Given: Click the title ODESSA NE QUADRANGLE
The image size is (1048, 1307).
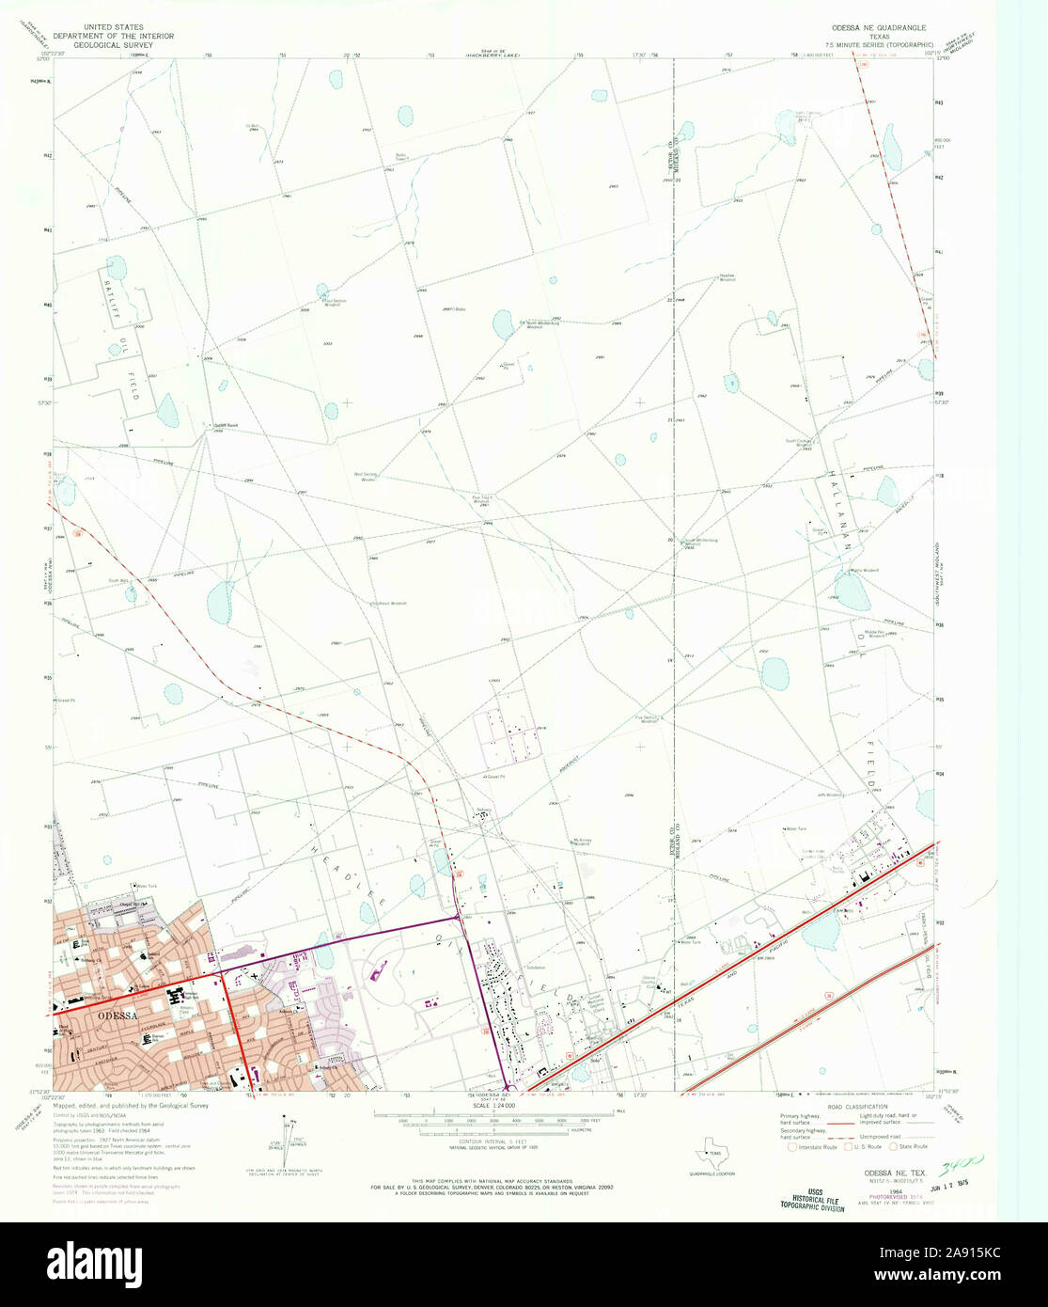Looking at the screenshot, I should pyautogui.click(x=876, y=28).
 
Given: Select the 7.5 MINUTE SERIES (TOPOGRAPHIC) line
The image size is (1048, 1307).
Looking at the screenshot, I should pyautogui.click(x=879, y=44).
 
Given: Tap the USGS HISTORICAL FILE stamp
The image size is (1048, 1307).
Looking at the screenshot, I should pyautogui.click(x=812, y=1198).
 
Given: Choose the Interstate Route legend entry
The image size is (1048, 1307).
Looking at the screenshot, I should pyautogui.click(x=814, y=1146).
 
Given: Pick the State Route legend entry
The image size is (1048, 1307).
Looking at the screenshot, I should pyautogui.click(x=909, y=1146).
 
